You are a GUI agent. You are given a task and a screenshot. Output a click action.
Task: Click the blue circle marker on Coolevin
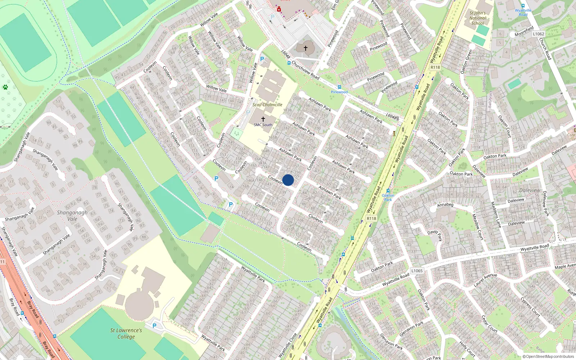(x=288, y=180)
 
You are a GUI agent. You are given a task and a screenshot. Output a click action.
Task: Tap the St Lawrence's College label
(x=126, y=333)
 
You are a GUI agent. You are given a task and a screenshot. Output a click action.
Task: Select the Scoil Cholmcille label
(x=267, y=105)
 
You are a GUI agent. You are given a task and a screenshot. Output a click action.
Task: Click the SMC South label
(x=263, y=125)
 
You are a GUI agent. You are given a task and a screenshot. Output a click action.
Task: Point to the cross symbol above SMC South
(x=263, y=119)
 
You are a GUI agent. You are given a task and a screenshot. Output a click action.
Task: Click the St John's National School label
(x=477, y=18)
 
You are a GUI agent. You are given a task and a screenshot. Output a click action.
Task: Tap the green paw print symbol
(x=5, y=87)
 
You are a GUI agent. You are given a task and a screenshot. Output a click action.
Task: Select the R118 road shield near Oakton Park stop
(x=371, y=219)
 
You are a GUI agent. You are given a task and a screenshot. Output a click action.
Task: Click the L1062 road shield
(x=539, y=34)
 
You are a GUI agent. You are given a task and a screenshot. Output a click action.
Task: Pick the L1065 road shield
(x=417, y=271)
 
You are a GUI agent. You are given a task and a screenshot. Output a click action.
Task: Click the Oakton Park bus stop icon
(x=388, y=191)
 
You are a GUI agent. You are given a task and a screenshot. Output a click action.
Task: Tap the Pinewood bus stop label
(x=339, y=92)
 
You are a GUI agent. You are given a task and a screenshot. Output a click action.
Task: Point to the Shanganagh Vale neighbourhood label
(x=72, y=216)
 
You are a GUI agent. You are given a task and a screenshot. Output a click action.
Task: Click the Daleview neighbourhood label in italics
(x=530, y=190)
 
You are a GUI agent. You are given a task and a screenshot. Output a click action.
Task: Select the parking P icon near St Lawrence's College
(x=154, y=326)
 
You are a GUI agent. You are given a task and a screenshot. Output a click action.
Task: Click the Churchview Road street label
(x=305, y=69)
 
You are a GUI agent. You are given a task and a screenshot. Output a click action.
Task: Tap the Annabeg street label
(x=445, y=205)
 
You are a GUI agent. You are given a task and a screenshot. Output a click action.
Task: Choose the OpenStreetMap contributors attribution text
(x=548, y=356)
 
